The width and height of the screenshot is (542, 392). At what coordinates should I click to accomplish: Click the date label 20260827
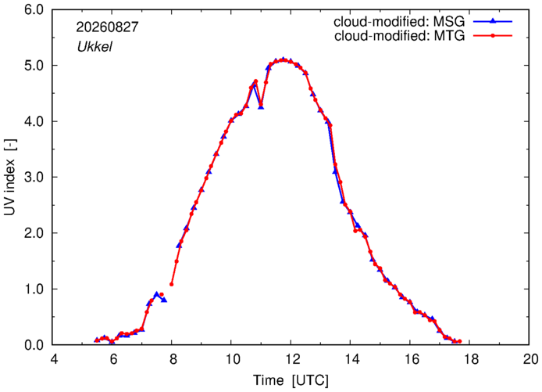click(x=107, y=27)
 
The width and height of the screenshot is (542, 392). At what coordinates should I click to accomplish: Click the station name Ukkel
click(x=94, y=46)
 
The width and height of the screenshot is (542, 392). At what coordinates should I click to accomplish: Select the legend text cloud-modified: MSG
click(x=399, y=21)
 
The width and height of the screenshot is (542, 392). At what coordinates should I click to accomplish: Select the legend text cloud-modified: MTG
click(x=400, y=35)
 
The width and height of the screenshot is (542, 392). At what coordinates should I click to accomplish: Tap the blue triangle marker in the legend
click(x=493, y=21)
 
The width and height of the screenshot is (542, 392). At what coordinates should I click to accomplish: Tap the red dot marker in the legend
click(x=493, y=35)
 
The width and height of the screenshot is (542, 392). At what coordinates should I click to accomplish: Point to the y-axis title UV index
click(x=9, y=178)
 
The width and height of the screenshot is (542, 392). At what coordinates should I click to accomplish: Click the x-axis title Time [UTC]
click(x=291, y=380)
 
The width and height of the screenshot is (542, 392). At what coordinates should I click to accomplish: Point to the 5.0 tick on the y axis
click(x=34, y=66)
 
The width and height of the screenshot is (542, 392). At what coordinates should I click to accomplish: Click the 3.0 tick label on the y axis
click(x=34, y=178)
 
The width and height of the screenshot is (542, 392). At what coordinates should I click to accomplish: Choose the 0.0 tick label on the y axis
click(x=34, y=345)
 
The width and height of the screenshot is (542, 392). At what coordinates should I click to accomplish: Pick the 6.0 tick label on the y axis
click(x=34, y=9)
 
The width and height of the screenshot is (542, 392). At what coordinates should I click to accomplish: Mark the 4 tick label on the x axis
click(x=53, y=359)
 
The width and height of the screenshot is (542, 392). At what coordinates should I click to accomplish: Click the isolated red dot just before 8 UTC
click(x=162, y=294)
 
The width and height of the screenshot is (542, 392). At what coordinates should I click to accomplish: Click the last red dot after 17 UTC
click(x=459, y=341)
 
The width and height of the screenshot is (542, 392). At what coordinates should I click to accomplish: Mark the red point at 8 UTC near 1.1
click(x=172, y=284)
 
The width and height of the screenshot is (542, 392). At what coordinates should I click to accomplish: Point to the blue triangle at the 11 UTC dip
click(x=261, y=106)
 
